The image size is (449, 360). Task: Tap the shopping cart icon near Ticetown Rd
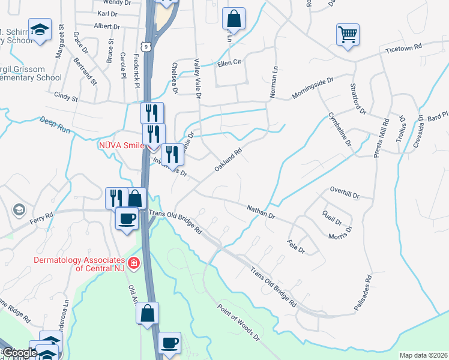point(347,34)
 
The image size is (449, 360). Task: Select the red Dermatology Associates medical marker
point(133,262)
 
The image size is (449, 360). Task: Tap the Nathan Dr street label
point(261,211)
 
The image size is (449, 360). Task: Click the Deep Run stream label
point(55,128)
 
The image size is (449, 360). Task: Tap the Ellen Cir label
point(229,62)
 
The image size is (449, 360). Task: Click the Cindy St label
point(66,95)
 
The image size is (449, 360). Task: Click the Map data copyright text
point(423,355)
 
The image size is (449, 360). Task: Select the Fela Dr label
point(297,246)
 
